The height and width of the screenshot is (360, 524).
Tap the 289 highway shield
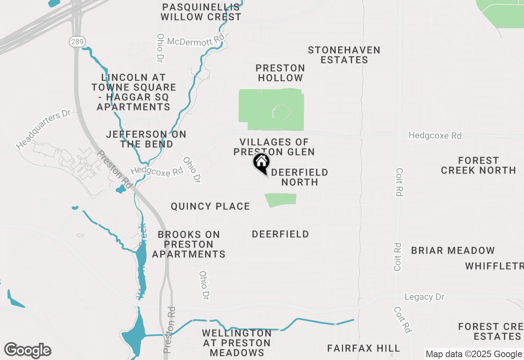77,41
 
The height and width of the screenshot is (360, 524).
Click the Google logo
27,351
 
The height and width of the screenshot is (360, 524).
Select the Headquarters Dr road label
44,129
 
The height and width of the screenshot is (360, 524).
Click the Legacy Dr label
424,297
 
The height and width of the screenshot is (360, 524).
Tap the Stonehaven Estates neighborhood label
344,55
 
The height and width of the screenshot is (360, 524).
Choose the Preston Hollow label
280,73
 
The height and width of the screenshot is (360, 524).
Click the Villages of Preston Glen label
274,147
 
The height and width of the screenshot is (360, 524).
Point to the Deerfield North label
300,177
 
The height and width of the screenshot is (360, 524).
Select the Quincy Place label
210,206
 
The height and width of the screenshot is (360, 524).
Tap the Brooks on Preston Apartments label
189,244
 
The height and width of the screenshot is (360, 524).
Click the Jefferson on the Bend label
146,139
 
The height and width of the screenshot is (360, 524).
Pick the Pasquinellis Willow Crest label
201,12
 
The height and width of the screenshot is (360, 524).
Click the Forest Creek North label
479,165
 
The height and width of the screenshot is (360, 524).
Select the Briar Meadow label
453,250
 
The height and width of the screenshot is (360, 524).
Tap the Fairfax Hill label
364,348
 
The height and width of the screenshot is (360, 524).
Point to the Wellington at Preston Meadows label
236,343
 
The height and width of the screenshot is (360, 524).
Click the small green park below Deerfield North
281,200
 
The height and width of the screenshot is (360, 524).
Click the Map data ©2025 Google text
474,354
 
